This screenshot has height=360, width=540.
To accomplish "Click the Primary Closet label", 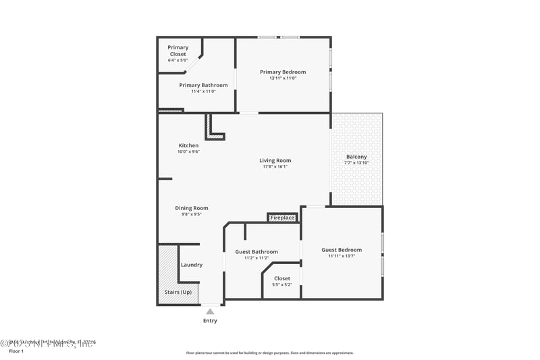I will [178, 51].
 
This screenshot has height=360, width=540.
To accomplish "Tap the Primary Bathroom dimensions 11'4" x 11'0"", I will [203, 91].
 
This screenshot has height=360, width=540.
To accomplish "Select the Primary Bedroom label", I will [283, 72].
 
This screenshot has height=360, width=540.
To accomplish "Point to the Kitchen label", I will [188, 145].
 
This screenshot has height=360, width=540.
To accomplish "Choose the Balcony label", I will [356, 157].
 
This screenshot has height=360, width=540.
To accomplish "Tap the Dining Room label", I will [192, 208].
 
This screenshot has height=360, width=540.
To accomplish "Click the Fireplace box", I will [282, 217].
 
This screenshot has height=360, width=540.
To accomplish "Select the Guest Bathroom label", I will [256, 252].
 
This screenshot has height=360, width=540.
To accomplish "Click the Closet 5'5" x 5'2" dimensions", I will [282, 284].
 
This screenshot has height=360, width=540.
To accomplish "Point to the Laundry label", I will [192, 265].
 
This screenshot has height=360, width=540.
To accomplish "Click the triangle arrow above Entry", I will [210, 311].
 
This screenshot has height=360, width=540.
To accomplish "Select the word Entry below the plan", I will [210, 320].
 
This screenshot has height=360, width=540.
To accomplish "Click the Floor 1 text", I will [16, 351].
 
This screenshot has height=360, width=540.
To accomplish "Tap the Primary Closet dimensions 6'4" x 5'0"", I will [178, 60].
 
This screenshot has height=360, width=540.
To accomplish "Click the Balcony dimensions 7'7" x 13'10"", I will [356, 163].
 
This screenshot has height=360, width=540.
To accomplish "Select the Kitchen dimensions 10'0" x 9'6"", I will [188, 151].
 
